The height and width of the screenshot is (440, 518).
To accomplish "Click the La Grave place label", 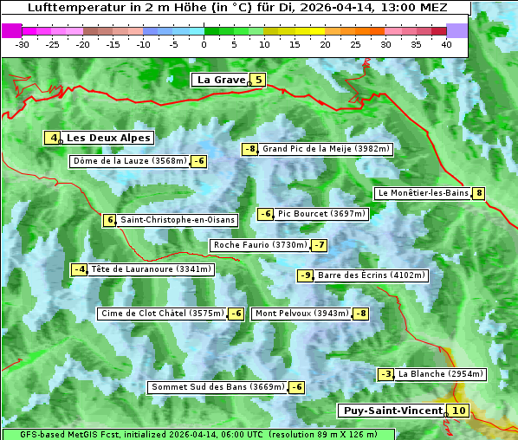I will [220, 80].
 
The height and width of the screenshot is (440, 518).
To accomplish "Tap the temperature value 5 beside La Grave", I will [257, 80].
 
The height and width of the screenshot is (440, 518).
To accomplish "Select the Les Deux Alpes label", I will [109, 138].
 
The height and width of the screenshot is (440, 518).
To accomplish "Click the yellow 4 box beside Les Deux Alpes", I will [54, 138].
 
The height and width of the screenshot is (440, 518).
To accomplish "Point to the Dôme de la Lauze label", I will [129, 161].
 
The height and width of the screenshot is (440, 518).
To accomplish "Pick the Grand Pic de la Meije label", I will [327, 149].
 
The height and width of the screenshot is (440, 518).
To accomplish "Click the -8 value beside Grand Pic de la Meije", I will [250, 149].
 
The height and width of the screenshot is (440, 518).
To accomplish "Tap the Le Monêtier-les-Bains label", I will [422, 193].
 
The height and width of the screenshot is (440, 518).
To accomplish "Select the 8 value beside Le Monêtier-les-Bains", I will [478, 193].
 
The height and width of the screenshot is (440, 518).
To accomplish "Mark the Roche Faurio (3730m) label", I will [261, 245].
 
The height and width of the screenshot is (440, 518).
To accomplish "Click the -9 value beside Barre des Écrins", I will [305, 275].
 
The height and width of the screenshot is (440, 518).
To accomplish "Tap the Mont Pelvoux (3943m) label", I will [302, 314].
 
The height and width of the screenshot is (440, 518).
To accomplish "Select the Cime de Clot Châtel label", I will [162, 314].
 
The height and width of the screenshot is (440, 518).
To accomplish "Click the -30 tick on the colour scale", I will [23, 44].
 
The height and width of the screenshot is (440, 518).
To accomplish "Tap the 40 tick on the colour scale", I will [446, 44].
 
